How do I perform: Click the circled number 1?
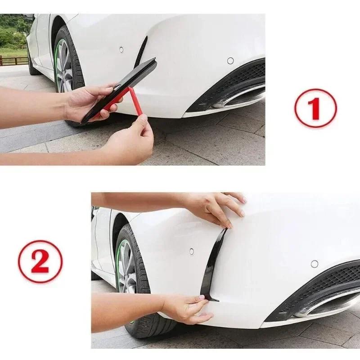315,108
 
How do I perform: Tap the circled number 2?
40,261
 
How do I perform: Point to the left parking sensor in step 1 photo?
121,49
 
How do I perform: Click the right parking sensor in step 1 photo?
230,61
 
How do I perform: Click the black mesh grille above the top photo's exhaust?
243,74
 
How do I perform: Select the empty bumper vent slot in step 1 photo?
141,52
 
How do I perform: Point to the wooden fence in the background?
13,60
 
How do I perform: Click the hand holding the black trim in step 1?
90,103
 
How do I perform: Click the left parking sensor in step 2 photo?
191,251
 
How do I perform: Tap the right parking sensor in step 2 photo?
314,264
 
